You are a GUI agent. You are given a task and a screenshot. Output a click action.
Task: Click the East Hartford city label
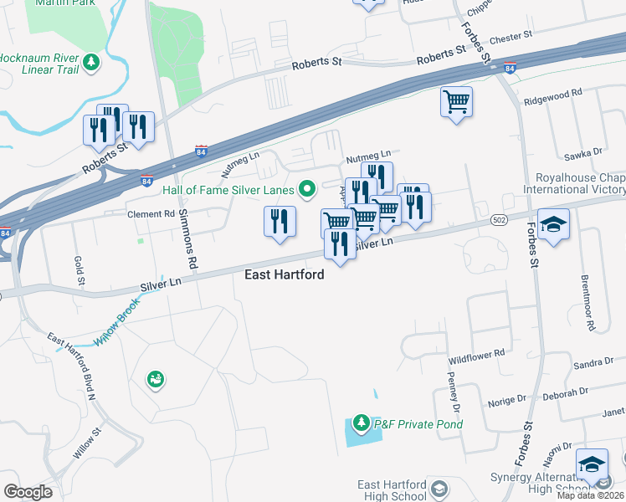pos(284,274)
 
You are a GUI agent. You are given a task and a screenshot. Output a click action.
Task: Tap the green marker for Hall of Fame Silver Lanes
pos(306,190)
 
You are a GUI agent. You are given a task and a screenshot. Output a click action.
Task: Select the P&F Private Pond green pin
pos(362,423)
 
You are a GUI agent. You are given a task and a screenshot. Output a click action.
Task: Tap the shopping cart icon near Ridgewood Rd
pos(456,103)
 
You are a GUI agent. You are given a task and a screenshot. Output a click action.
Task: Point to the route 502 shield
pos(497,219)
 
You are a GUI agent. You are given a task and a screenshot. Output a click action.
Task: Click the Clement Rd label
pos(150,214)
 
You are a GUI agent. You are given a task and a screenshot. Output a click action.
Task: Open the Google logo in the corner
pos(28,492)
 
